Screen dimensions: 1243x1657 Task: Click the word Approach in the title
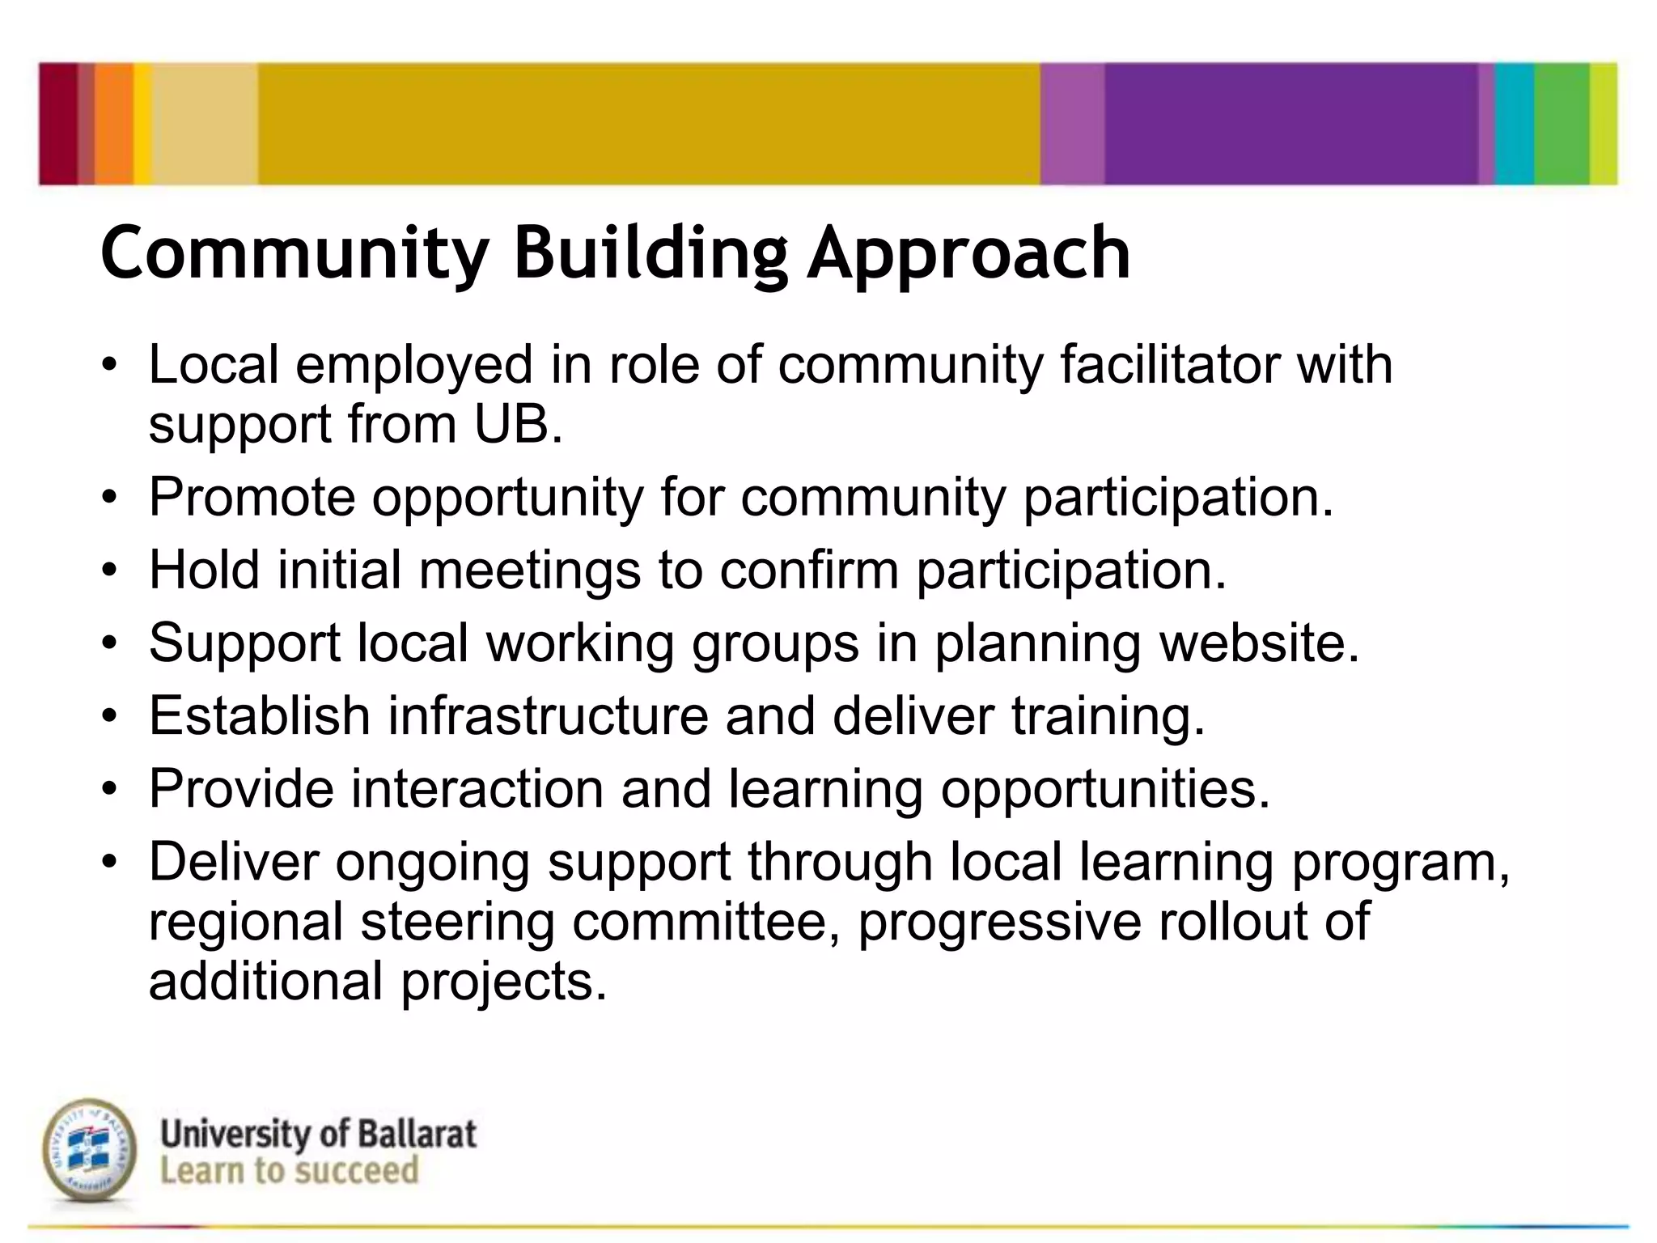[x=968, y=253]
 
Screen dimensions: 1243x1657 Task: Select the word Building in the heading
[x=651, y=253]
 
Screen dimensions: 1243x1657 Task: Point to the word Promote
[x=252, y=496]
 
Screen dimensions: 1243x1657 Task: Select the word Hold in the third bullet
[x=205, y=569]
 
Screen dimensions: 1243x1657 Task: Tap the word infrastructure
[x=548, y=715]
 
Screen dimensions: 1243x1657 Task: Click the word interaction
[x=477, y=788]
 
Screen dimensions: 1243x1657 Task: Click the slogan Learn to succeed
[x=289, y=1171]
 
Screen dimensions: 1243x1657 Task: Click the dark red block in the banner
[x=58, y=123]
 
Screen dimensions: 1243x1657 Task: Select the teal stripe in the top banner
[x=1514, y=123]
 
